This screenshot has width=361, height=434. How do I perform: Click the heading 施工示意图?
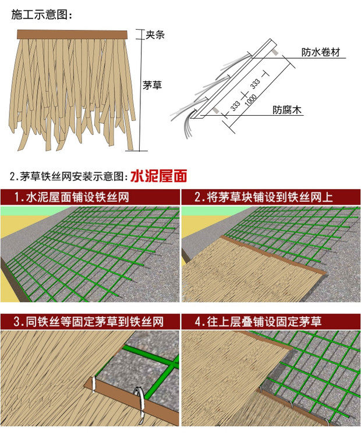click(x=41, y=15)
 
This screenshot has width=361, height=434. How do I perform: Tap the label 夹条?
click(x=155, y=34)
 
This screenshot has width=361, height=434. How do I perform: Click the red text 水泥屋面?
click(x=158, y=175)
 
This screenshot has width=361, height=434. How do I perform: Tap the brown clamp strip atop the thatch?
click(x=71, y=34)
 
